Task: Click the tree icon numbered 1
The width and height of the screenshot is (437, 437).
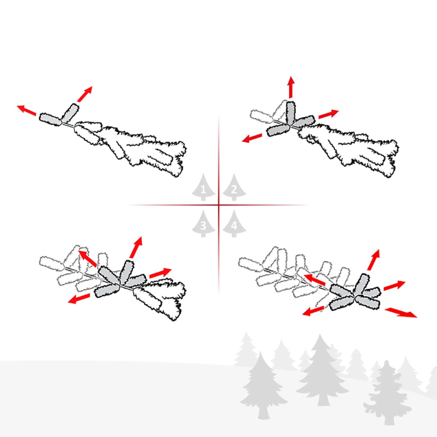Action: tap(204, 187)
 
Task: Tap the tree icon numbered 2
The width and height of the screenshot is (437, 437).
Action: tap(234, 187)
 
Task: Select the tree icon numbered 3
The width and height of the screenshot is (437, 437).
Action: tap(204, 224)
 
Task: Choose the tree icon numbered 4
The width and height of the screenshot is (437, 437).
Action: tap(234, 224)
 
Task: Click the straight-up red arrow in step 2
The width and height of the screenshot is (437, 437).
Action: tap(291, 87)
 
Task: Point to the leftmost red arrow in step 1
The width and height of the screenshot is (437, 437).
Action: tap(26, 110)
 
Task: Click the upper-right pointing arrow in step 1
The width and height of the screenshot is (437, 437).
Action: tap(85, 94)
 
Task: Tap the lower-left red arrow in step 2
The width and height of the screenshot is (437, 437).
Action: tap(252, 138)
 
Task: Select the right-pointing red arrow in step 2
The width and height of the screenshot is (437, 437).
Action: tap(329, 114)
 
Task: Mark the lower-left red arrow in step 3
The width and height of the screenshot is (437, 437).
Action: tap(79, 298)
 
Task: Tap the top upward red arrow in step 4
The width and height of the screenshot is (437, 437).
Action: tap(374, 260)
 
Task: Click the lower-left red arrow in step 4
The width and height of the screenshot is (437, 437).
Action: tap(313, 311)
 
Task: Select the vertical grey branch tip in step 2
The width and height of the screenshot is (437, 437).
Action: tap(290, 112)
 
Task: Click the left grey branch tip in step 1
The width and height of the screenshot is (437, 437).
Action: tap(50, 119)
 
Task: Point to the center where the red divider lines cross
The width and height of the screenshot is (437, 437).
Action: tap(218, 205)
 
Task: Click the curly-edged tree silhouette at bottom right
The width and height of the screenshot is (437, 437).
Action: tap(387, 393)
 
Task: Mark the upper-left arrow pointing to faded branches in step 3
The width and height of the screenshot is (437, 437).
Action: tap(87, 258)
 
